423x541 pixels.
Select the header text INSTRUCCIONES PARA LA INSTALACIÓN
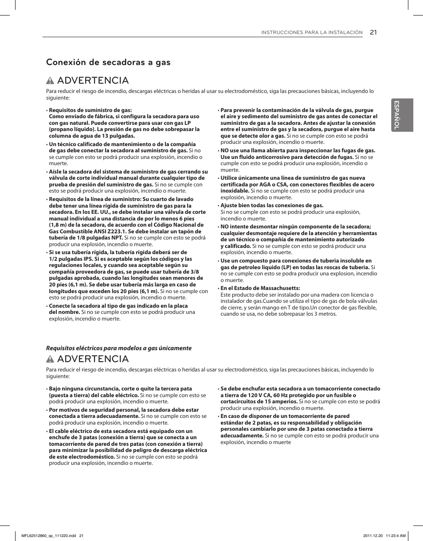click(x=312, y=33)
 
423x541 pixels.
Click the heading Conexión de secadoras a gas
click(x=108, y=62)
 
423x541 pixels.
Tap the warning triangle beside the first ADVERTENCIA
click(x=50, y=81)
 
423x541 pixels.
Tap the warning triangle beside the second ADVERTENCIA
click(x=50, y=359)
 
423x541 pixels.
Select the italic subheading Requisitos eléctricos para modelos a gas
click(x=119, y=348)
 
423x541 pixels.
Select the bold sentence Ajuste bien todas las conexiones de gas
click(x=272, y=205)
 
